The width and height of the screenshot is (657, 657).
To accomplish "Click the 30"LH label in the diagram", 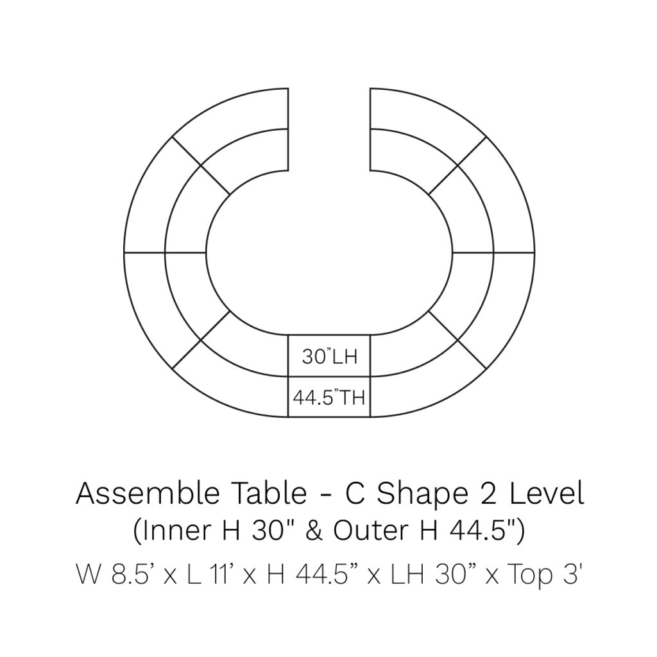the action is [329, 357].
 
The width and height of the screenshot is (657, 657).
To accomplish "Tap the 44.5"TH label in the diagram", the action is [329, 397].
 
